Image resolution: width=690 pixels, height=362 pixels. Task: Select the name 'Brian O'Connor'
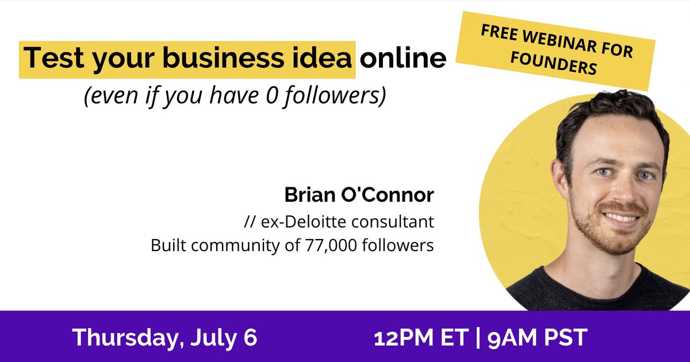point(359,195)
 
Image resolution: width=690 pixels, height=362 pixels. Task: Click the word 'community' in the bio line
point(221,245)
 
